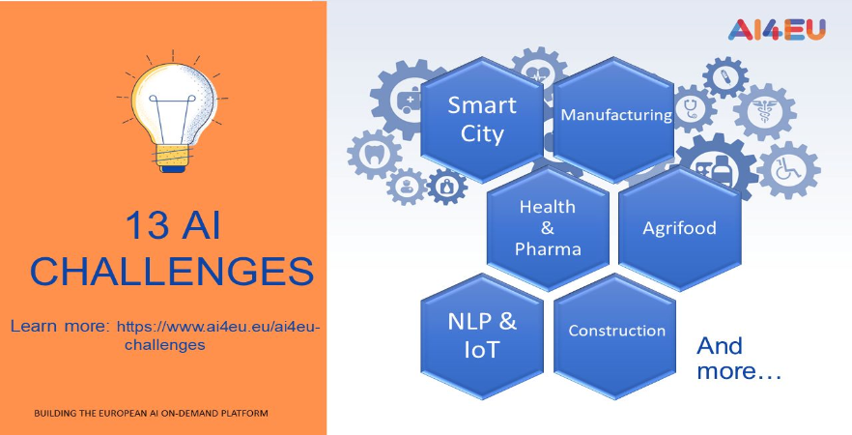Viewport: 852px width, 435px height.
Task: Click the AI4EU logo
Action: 777,29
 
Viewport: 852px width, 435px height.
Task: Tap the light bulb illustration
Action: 173,111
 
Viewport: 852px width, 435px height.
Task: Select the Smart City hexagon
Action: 482,120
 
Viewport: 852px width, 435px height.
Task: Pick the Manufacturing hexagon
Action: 614,120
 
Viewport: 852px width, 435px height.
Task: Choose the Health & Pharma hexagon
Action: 548,228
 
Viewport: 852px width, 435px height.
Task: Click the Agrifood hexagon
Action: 680,228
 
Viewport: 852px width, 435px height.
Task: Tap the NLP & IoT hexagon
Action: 482,336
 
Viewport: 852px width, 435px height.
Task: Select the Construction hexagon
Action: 614,336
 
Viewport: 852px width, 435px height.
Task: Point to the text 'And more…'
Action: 739,359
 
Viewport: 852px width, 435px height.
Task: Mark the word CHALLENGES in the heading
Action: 172,271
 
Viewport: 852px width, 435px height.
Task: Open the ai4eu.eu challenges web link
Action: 219,335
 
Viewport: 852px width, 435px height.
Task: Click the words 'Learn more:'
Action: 60,327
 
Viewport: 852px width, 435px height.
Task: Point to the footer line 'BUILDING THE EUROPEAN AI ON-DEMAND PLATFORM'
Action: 151,414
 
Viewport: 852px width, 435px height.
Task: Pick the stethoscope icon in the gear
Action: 692,108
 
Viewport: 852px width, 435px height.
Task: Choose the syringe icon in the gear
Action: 725,77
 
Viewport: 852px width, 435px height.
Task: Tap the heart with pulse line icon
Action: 538,73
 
